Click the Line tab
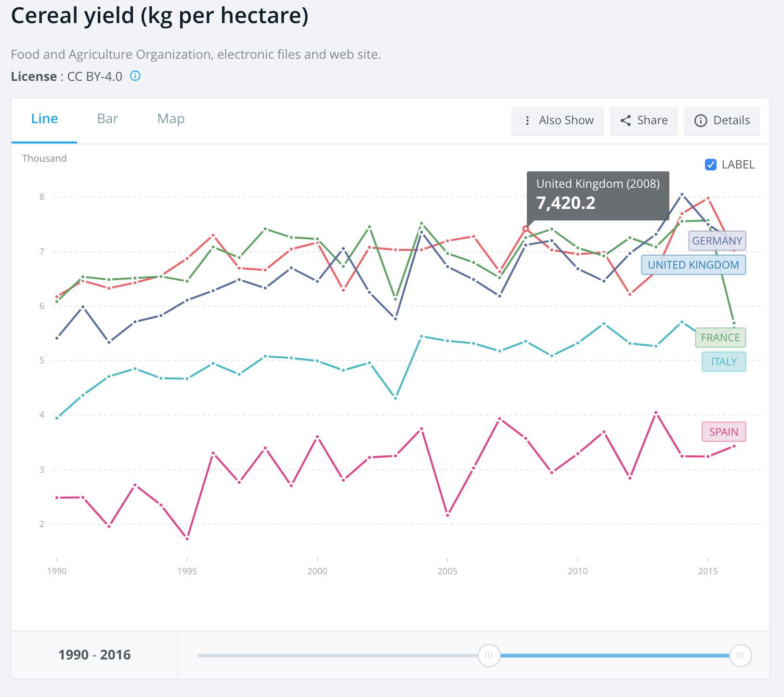pyautogui.click(x=44, y=119)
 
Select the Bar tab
pyautogui.click(x=107, y=119)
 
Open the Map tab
pyautogui.click(x=171, y=119)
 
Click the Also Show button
pyautogui.click(x=558, y=121)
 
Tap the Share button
pyautogui.click(x=644, y=121)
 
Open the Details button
pyautogui.click(x=722, y=121)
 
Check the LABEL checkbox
pyautogui.click(x=710, y=165)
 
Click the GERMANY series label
pyautogui.click(x=717, y=241)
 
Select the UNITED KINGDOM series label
pyautogui.click(x=693, y=265)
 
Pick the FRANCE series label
pyautogui.click(x=720, y=337)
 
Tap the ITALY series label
pyautogui.click(x=724, y=361)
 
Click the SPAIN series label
pyautogui.click(x=724, y=432)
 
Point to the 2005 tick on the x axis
pyautogui.click(x=447, y=571)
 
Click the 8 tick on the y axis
pyautogui.click(x=42, y=197)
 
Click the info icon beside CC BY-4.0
pyautogui.click(x=135, y=76)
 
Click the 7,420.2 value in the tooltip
pyautogui.click(x=566, y=203)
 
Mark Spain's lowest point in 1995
pyautogui.click(x=187, y=538)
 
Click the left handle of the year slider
pyautogui.click(x=489, y=655)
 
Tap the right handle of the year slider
pyautogui.click(x=740, y=655)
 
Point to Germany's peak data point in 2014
pyautogui.click(x=682, y=194)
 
